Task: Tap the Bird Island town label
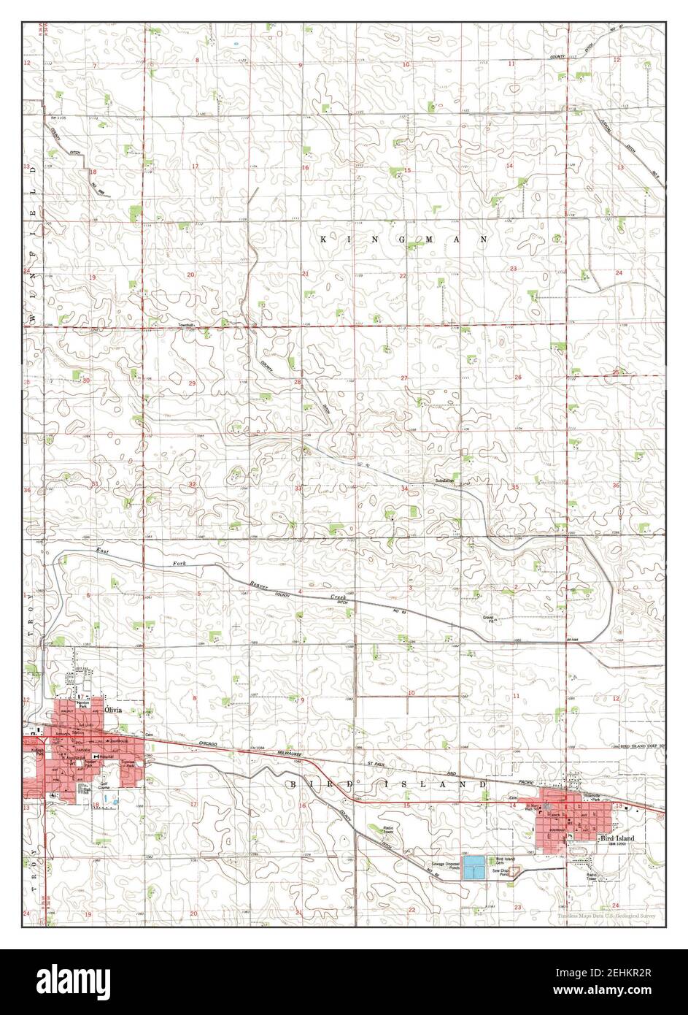coord(617,840)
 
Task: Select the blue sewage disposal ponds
coord(473,867)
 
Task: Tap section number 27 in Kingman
coord(403,378)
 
